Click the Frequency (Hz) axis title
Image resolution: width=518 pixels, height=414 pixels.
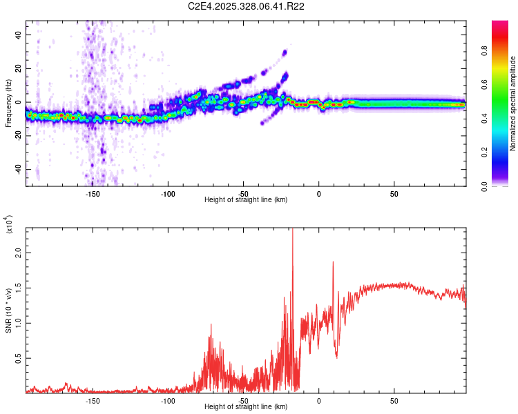pos(8,103)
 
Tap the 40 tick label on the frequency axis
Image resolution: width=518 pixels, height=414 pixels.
pos(19,34)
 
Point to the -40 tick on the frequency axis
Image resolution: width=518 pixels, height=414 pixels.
pos(19,169)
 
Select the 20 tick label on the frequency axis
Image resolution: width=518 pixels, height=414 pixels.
pos(19,68)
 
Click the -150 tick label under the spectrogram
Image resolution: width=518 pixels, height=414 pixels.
pos(93,194)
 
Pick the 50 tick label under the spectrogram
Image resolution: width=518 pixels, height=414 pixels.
pos(394,194)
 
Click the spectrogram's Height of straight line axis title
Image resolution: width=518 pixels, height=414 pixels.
pos(246,200)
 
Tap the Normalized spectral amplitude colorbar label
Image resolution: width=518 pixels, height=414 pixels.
pos(513,103)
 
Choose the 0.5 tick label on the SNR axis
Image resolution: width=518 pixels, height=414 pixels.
pos(19,359)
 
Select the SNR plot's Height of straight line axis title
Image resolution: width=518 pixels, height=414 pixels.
pos(246,407)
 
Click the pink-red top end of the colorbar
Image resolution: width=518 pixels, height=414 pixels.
pos(501,24)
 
